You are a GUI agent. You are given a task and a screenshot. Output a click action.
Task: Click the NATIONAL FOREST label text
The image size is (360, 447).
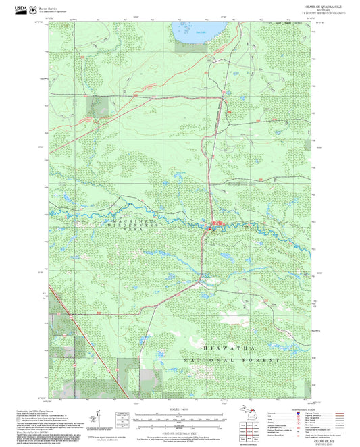click(x=231, y=361)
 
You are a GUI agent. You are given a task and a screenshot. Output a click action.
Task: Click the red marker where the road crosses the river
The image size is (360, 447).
click(x=209, y=228)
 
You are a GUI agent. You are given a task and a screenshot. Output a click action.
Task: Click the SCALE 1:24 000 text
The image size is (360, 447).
click(x=178, y=409)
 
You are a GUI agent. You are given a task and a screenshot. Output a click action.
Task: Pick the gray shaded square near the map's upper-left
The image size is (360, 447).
click(x=100, y=105)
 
